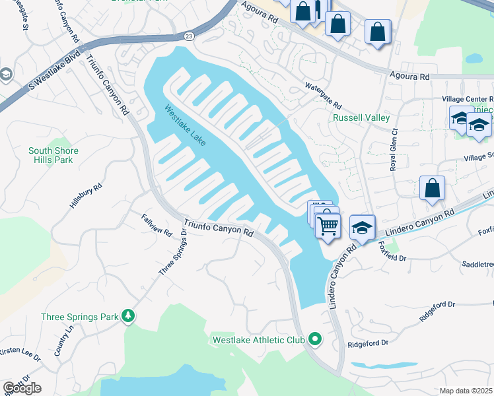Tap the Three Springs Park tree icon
click(x=128, y=317)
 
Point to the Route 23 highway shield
click(x=190, y=36)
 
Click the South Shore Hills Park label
click(x=53, y=155)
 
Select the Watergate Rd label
click(x=323, y=96)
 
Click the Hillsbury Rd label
click(x=87, y=197)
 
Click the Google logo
click(x=22, y=388)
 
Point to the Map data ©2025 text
click(x=466, y=391)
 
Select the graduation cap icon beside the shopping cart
click(x=361, y=228)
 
